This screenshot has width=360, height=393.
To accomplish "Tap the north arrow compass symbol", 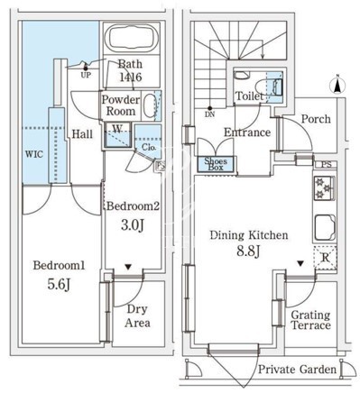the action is [x=337, y=86].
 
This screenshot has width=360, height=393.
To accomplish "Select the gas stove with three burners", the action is [x=324, y=188].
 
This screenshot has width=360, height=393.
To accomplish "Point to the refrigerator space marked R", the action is [x=325, y=258].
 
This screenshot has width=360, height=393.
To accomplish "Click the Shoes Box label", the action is [x=216, y=164].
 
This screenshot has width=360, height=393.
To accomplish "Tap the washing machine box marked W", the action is [x=117, y=135].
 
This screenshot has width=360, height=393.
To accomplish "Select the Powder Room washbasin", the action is [x=149, y=105].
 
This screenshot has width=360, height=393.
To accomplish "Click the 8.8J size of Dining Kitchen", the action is [x=248, y=251].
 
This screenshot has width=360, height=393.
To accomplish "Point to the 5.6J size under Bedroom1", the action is [x=59, y=284].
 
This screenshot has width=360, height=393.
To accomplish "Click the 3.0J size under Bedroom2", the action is [x=133, y=224].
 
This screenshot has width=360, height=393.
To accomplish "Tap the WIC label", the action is [x=34, y=154].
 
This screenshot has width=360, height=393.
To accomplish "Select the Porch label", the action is [x=316, y=119].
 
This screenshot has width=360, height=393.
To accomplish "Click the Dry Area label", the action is [x=137, y=316].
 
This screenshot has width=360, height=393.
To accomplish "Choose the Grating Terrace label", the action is [x=310, y=320].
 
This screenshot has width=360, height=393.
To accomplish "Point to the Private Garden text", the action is [x=297, y=370].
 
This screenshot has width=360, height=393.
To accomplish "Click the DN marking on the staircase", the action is [x=210, y=114].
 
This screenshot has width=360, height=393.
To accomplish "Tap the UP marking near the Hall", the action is [x=86, y=75].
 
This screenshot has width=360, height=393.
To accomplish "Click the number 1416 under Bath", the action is [x=131, y=78].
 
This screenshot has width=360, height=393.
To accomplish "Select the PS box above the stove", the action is [x=327, y=165].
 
